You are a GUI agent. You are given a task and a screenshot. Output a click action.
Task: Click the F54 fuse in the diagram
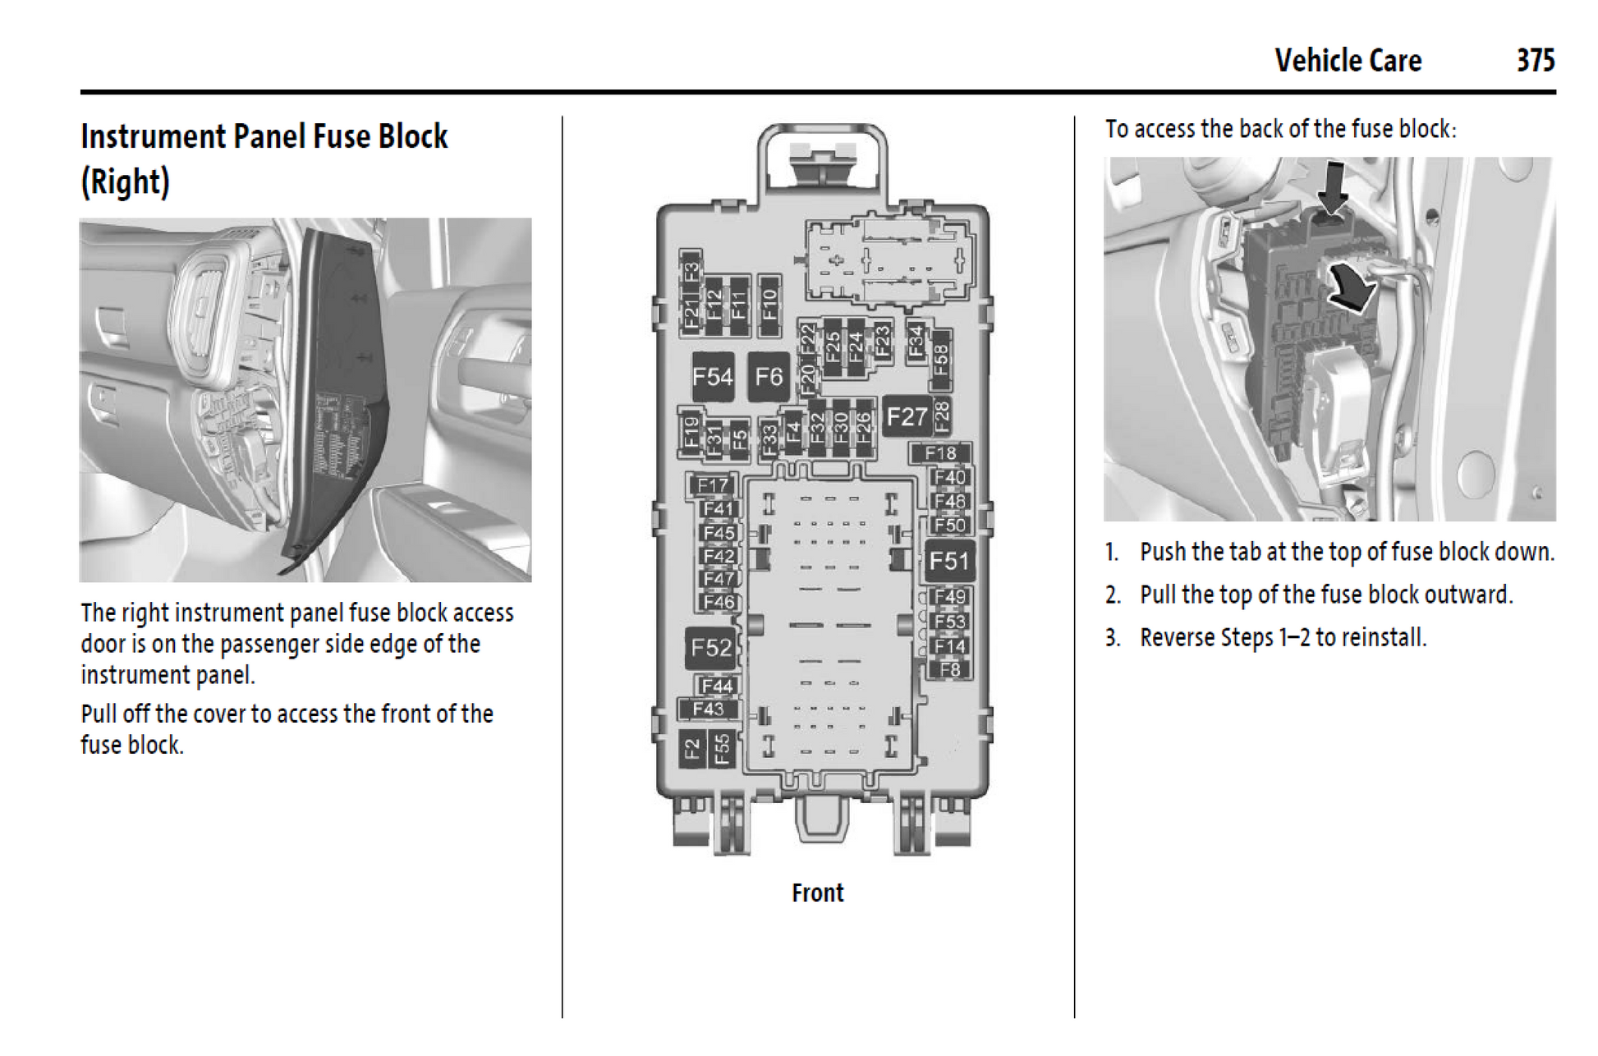click(x=712, y=377)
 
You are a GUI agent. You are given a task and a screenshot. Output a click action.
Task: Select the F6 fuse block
click(x=769, y=377)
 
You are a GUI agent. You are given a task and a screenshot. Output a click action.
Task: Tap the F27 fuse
click(x=907, y=417)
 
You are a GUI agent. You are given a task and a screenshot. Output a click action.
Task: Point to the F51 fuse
click(x=949, y=562)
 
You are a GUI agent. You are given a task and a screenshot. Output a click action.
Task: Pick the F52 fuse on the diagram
click(x=710, y=648)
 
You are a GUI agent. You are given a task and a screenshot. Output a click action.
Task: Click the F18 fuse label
click(x=940, y=453)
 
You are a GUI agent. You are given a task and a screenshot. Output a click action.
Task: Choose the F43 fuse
click(x=708, y=709)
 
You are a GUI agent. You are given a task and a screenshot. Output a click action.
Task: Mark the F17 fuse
click(x=712, y=485)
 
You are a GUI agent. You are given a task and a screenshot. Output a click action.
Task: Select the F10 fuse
click(x=769, y=305)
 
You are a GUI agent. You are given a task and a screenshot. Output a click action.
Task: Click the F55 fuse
click(x=722, y=749)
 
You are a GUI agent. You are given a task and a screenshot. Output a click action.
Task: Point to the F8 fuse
click(x=950, y=669)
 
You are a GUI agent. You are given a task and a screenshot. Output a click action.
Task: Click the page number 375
click(x=1535, y=61)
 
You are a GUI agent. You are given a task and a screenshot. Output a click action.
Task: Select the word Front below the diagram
click(x=817, y=893)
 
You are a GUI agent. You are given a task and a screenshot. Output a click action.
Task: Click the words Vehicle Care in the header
click(x=1348, y=61)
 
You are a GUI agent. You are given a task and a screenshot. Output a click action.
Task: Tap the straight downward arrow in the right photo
click(x=1332, y=188)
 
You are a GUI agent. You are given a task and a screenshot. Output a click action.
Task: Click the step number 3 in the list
click(x=1112, y=638)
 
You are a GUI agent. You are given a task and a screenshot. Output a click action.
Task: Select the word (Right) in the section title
click(x=125, y=181)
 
